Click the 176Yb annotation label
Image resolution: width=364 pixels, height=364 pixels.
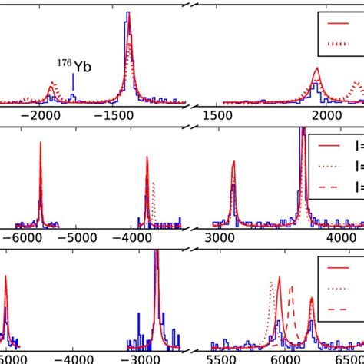[75, 67]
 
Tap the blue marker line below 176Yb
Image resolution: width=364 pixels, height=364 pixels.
[73, 82]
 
